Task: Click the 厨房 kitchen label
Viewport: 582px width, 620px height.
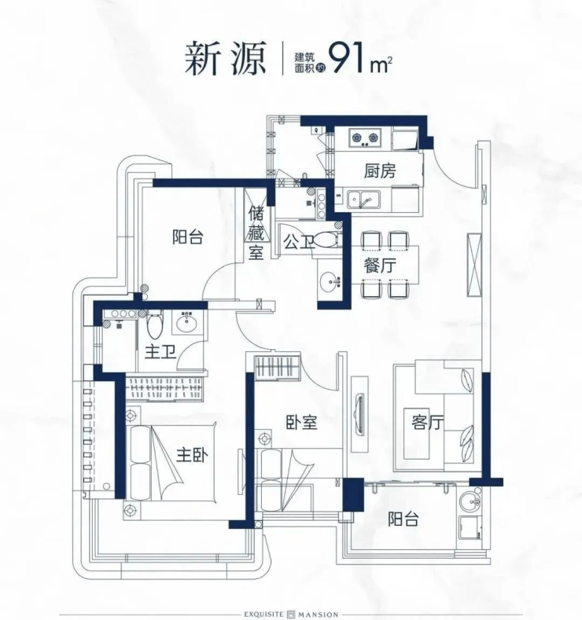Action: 380,171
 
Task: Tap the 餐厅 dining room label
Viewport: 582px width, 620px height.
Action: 380,266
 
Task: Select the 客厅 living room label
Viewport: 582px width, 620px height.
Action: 427,422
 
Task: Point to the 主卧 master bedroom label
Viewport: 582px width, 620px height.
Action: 192,455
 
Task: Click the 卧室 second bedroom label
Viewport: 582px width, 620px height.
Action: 301,423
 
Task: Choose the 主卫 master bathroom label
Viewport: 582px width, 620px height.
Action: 160,351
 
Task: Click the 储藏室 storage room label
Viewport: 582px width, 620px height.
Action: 256,234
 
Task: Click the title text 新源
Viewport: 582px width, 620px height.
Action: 225,58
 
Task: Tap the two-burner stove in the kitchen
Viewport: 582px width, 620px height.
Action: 365,138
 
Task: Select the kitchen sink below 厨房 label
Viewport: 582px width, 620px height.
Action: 363,200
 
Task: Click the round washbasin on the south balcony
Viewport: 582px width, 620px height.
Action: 470,501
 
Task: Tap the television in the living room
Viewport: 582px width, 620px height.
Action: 359,414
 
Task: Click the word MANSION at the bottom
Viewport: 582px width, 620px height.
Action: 319,614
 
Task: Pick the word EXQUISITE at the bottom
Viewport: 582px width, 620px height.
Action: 263,614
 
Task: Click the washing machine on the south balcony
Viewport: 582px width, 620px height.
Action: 469,527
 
